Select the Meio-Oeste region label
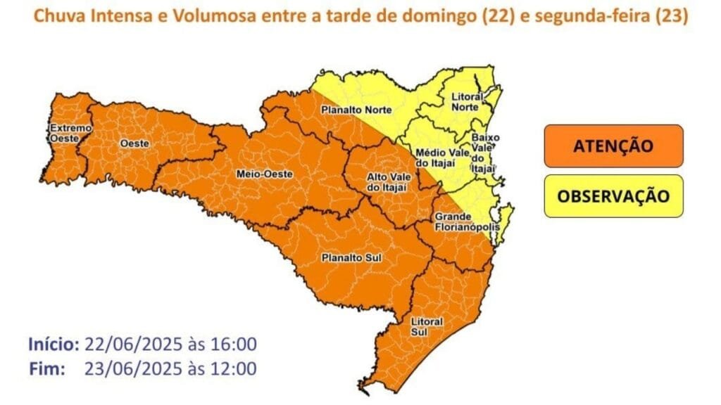265,174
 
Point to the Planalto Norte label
356,110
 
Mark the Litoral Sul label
427,326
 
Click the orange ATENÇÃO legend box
613,146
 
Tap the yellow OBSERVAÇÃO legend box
613,195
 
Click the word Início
54,345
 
